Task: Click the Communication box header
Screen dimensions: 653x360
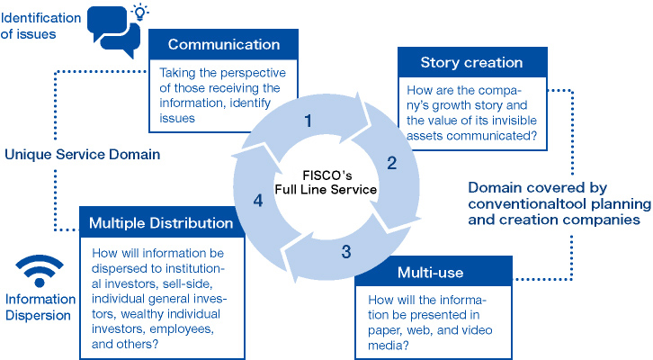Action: pos(224,44)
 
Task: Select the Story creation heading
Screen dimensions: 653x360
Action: pos(472,62)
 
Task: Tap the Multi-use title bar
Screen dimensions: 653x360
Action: pos(434,272)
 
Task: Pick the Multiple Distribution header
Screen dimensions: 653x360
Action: pos(162,222)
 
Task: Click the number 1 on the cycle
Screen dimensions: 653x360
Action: pos(308,121)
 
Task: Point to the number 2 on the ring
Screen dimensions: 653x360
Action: pos(391,163)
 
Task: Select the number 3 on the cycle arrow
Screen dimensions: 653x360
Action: pos(346,252)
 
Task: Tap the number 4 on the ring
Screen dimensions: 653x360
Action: pos(258,201)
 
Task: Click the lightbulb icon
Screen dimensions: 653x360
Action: pos(140,13)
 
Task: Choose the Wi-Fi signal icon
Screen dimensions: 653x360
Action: pos(40,271)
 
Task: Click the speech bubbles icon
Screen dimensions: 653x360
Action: pos(113,31)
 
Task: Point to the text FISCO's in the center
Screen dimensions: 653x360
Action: pos(326,175)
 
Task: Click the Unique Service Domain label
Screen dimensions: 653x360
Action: pos(83,155)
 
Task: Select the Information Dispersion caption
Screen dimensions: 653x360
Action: pos(40,307)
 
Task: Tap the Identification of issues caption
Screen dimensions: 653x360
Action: pos(40,26)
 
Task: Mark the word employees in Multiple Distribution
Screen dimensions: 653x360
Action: pos(182,329)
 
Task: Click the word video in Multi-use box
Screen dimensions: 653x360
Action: pos(478,330)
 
